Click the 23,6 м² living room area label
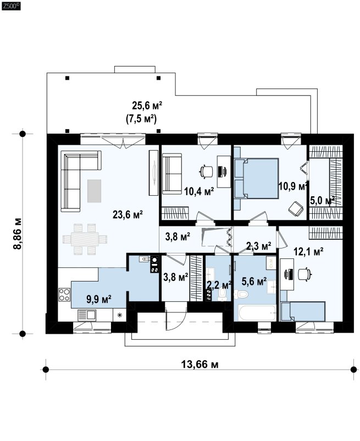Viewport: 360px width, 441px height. pos(128,214)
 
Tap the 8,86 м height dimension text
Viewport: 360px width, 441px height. pos(17,234)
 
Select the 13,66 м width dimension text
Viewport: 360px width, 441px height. pos(200,365)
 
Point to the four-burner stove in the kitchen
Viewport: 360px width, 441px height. pos(64,295)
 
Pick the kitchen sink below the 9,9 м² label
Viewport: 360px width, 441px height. pos(87,315)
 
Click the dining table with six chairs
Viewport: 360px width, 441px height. pos(85,239)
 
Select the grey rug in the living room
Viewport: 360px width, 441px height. pos(94,191)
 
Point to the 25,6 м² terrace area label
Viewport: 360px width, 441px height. pos(147,106)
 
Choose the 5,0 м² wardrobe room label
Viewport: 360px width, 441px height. pos(322,201)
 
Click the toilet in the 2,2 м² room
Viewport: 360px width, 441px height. pos(222,294)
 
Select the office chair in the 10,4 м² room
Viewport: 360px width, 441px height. pos(207,171)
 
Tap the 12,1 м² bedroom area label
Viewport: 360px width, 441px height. pos(308,251)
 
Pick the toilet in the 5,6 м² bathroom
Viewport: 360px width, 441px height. pos(241,294)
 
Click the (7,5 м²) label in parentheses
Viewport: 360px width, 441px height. pos(141,119)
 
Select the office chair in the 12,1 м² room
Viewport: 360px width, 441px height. pos(304,274)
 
